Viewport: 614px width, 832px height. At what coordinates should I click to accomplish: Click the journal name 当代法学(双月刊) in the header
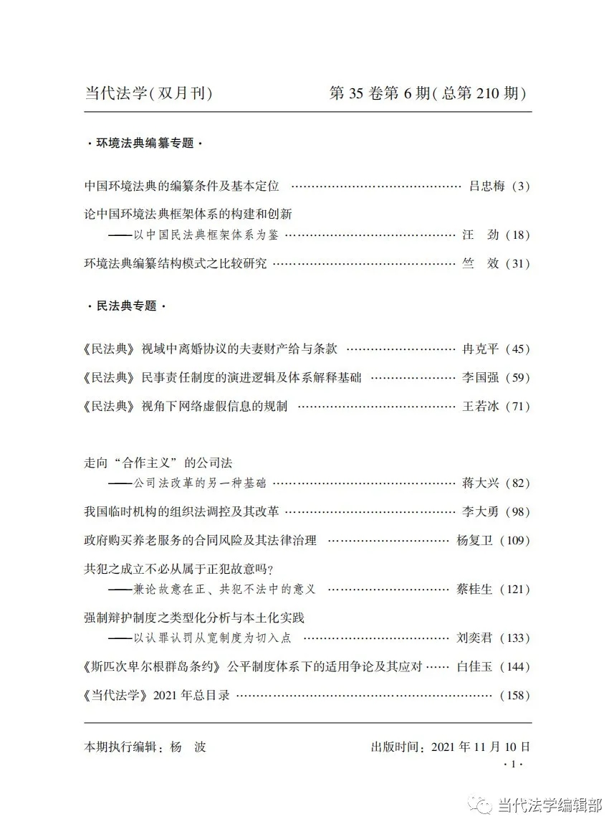point(148,94)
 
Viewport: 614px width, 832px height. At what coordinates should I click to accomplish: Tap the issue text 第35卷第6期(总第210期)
point(428,94)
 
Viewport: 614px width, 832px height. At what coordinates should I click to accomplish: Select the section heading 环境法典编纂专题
point(145,143)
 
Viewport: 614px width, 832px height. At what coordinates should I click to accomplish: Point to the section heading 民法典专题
point(126,306)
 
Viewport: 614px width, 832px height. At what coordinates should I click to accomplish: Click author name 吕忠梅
point(486,186)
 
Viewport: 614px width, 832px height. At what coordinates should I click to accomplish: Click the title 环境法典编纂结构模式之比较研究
point(176,263)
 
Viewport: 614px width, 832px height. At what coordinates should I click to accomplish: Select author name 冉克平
point(476,349)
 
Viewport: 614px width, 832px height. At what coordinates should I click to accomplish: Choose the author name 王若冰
point(476,407)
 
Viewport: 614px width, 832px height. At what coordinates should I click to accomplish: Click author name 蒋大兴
point(476,483)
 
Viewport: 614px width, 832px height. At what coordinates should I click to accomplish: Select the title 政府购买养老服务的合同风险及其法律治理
point(200,541)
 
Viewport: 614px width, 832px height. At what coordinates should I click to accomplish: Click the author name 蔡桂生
point(473,590)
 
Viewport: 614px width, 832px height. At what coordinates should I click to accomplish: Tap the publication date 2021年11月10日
point(481,747)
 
